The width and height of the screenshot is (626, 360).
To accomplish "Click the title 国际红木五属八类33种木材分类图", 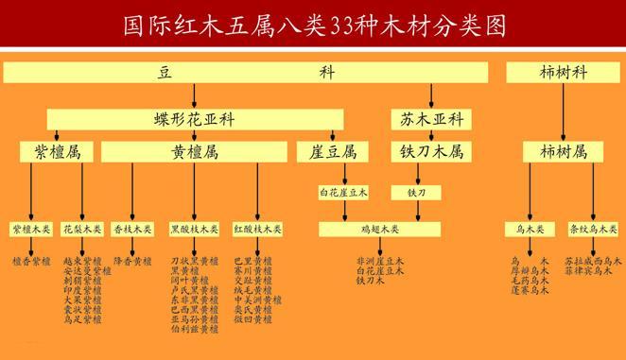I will [312, 23].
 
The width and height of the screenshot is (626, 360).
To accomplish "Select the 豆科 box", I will [245, 73].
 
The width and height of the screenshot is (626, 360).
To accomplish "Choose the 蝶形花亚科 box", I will [195, 119].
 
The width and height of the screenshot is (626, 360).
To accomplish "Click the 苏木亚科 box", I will [427, 119].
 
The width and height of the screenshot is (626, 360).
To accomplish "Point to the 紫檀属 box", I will [53, 151].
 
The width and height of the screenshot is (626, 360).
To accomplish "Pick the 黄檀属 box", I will [195, 151].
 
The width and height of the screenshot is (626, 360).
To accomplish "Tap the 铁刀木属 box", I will [427, 151].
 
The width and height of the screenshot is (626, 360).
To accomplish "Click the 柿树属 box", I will [564, 151].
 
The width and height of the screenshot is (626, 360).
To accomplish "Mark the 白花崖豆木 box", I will [343, 193].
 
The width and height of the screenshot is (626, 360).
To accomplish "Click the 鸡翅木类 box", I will [380, 229].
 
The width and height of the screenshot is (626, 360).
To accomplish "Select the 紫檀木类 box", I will [31, 229].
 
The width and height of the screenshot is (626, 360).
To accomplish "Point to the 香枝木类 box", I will [131, 229].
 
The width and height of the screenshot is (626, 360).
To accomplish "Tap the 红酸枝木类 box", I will [256, 229].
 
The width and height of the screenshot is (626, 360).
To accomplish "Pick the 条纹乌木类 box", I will [593, 229].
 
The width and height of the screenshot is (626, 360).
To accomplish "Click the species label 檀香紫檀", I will [31, 260].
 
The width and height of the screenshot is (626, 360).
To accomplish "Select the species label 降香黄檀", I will [131, 260].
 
